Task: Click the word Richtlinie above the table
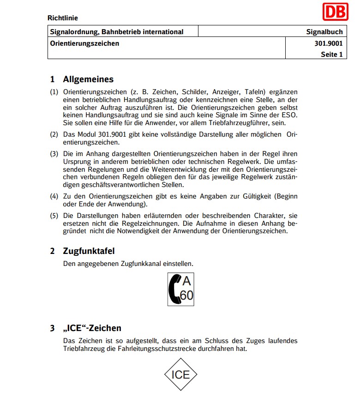pos(63,18)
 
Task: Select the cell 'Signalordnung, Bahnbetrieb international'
pos(116,32)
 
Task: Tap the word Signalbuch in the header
pos(324,32)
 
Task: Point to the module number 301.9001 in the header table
pos(328,43)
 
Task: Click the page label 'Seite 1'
pos(332,54)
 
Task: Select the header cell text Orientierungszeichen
pos(84,43)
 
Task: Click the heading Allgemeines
pos(88,79)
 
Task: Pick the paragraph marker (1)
pos(54,92)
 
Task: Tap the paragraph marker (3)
pos(54,153)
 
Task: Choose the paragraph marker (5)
pos(54,216)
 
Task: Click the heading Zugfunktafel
pos(89,251)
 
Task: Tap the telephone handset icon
pos(175,290)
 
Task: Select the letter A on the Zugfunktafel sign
pos(186,281)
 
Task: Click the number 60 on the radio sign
pos(186,295)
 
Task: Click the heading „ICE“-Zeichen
pos(92,328)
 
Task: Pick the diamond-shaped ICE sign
pos(180,374)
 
